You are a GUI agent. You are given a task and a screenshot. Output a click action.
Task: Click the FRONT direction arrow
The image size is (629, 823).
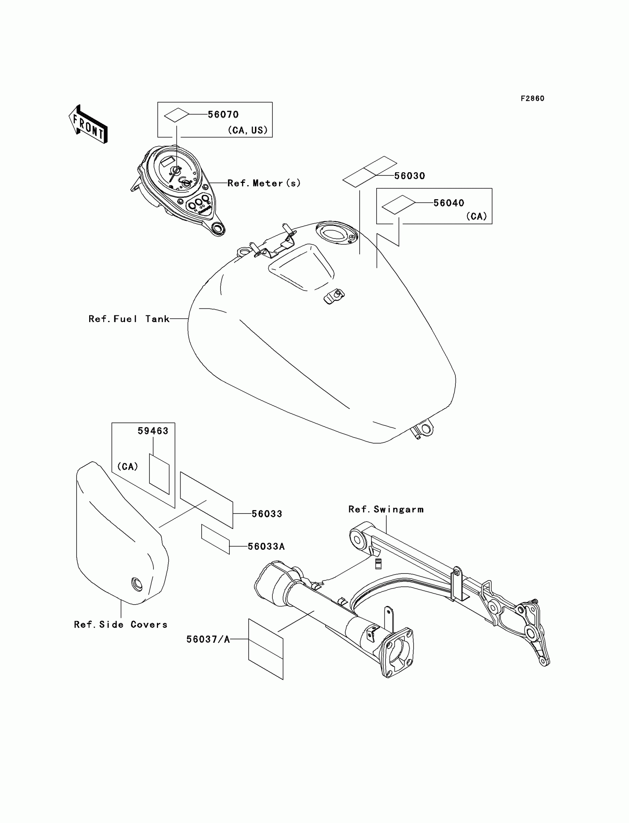88,124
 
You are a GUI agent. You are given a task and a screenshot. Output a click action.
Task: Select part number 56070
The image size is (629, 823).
223,114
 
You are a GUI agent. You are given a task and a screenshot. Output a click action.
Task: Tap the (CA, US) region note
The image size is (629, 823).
248,130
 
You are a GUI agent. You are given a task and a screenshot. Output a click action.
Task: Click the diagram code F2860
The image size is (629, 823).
532,98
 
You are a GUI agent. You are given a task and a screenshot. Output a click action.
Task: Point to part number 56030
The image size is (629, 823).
410,176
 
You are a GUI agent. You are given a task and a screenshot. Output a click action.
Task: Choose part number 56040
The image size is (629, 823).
448,203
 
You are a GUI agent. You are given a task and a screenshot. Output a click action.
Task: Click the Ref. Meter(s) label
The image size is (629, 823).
264,183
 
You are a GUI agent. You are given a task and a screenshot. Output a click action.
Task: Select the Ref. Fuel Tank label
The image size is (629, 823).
129,319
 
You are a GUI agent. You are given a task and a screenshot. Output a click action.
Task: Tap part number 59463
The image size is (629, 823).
153,431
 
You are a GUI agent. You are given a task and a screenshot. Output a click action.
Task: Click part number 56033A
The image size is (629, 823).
266,546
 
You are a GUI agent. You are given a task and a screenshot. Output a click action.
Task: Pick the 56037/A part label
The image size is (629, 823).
208,639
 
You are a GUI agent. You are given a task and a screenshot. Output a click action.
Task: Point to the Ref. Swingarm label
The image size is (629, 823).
386,509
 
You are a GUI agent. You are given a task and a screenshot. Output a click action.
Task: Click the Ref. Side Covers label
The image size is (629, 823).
121,625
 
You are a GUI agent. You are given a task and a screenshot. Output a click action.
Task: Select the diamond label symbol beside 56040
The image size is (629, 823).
398,204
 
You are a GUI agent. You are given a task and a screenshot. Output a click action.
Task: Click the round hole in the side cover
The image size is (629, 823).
137,583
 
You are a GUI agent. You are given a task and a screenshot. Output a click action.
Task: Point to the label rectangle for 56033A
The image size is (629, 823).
215,539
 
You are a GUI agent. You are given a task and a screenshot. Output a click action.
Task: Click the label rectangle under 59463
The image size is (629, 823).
159,474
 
